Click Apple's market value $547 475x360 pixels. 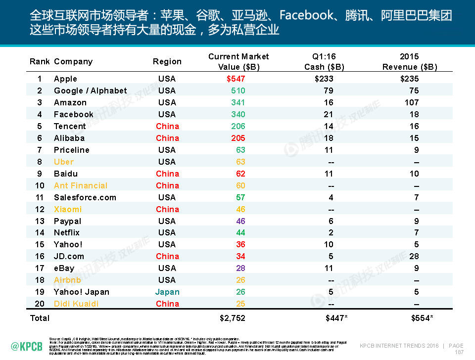(236, 79)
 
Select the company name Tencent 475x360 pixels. (70, 126)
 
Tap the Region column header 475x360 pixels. (167, 61)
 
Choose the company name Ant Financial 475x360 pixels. (80, 185)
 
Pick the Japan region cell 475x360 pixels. (167, 292)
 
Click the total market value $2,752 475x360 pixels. (232, 318)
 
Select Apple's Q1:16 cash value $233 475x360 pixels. (324, 79)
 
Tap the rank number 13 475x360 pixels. (40, 221)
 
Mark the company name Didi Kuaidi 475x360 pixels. (76, 304)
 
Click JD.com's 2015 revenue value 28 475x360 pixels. (414, 256)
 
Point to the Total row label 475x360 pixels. (40, 318)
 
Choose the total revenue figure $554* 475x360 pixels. (422, 318)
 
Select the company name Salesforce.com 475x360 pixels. (85, 197)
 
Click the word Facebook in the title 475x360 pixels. (306, 15)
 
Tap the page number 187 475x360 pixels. (459, 352)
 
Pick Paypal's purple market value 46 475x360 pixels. (240, 221)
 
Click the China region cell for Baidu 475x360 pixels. (167, 174)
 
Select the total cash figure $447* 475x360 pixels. (336, 318)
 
